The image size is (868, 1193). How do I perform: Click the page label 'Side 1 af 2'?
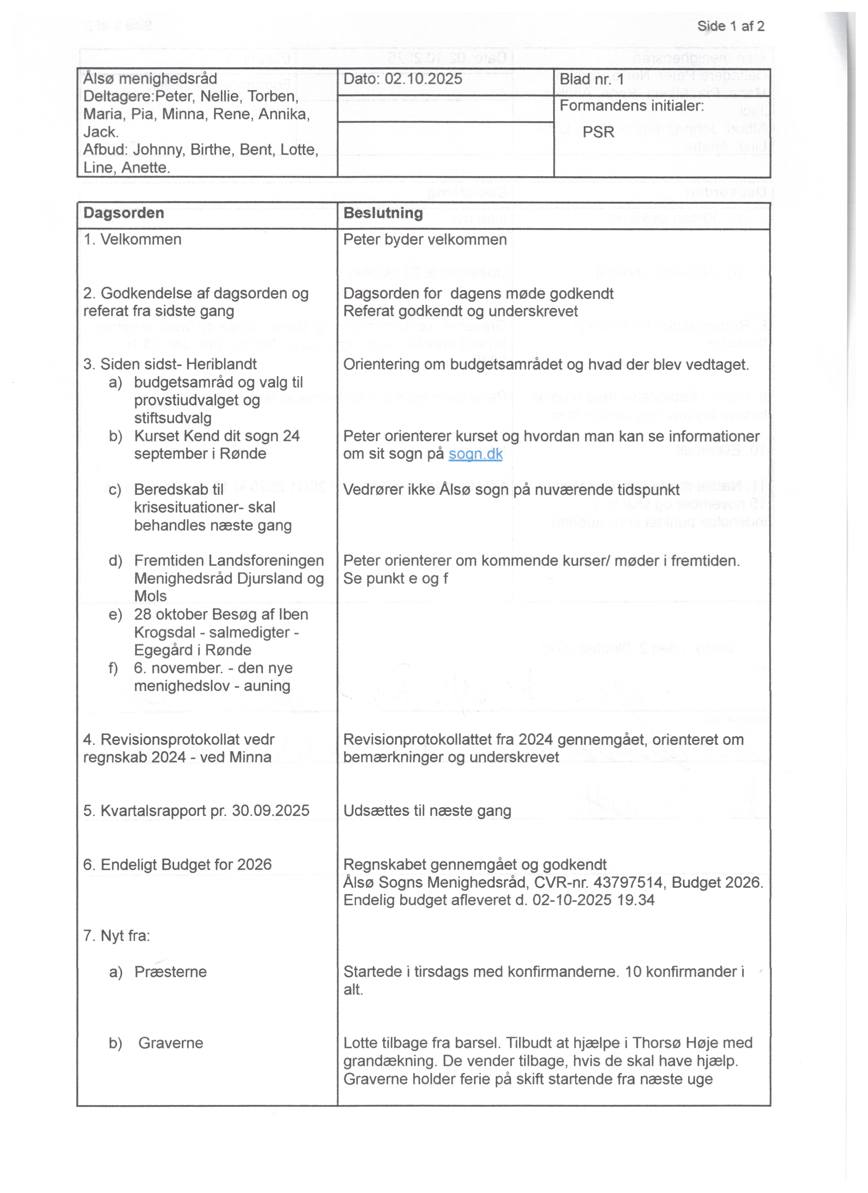[731, 26]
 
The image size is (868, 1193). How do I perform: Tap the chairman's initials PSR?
[598, 132]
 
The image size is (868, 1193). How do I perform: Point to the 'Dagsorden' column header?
[124, 213]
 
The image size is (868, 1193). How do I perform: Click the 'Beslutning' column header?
[383, 213]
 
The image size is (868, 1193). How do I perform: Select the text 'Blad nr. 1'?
[592, 79]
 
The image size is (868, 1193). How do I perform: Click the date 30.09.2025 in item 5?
[271, 811]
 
